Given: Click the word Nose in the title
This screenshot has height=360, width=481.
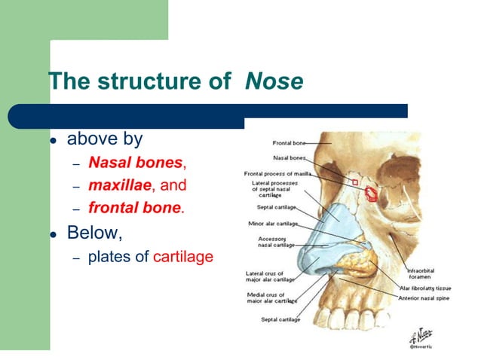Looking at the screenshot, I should pos(274,81).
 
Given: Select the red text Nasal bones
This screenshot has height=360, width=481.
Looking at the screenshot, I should pos(135,162).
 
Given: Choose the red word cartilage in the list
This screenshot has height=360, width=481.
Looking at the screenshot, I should pos(183,256).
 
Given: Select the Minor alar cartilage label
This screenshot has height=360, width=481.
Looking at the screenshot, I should pos(273,223).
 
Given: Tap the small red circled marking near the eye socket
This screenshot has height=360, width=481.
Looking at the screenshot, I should pos(371,193).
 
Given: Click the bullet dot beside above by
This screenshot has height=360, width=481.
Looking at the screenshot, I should pos(54,141).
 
